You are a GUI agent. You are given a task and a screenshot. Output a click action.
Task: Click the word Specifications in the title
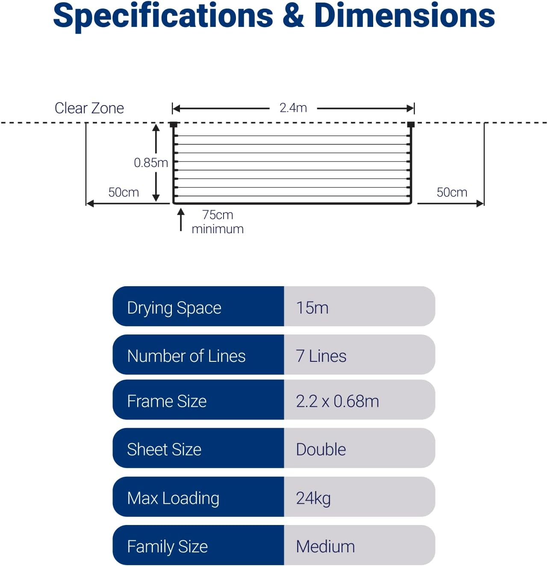(x=163, y=16)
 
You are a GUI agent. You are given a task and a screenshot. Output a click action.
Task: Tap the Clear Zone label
(x=89, y=108)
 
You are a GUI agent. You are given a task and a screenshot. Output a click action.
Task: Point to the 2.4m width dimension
(x=293, y=108)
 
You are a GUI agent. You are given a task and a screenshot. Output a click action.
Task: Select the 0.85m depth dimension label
(x=150, y=163)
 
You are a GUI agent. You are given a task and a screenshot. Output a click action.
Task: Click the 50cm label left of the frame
(x=124, y=192)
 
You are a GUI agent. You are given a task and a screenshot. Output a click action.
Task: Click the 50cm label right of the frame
(x=452, y=192)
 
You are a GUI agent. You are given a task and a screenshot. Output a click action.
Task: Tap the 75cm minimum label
(x=218, y=222)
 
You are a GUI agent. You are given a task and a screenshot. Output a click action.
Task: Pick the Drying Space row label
(x=174, y=308)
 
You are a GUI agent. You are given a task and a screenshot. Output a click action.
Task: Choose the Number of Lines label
(x=186, y=356)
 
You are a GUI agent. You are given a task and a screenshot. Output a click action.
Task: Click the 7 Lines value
(x=321, y=356)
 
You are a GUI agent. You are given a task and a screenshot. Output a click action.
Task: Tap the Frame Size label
(x=167, y=401)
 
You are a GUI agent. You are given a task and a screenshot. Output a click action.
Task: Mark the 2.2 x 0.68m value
(x=337, y=401)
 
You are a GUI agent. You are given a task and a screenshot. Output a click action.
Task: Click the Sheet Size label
(x=164, y=449)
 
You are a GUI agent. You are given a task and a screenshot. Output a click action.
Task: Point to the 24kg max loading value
(x=313, y=498)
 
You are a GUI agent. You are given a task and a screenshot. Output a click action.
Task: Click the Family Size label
(x=168, y=546)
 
